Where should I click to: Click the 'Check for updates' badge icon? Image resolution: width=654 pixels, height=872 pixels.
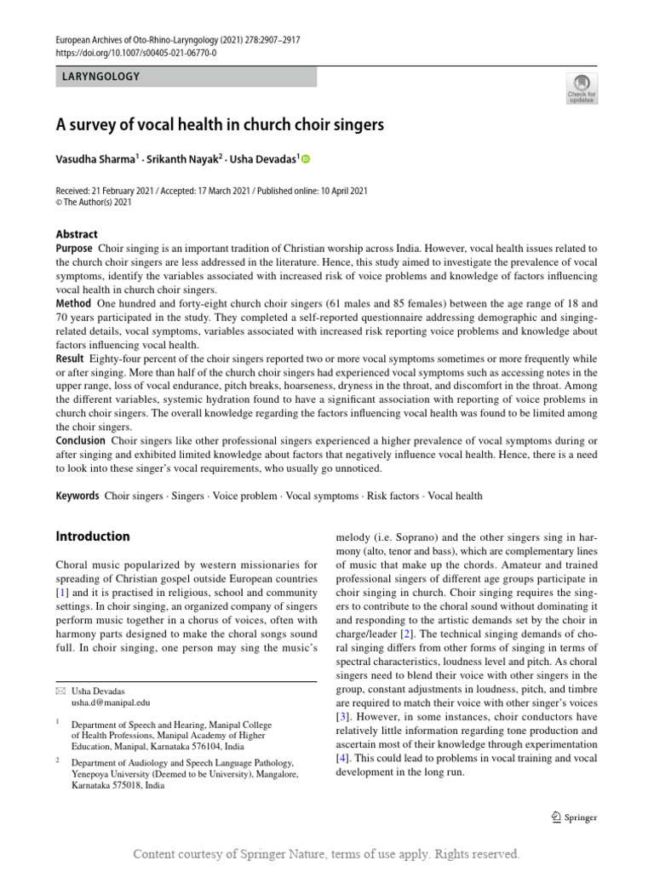[582, 87]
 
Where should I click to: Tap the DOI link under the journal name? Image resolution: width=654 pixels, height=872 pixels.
[136, 52]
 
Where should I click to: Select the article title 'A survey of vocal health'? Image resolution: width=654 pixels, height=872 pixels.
[221, 125]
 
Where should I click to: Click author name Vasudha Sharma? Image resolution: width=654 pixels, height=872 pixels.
[95, 158]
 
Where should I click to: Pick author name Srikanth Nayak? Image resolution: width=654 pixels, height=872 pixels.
[181, 158]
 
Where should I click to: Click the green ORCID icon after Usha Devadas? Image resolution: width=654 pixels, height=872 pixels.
[307, 158]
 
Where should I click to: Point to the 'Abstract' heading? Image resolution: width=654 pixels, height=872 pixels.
[77, 234]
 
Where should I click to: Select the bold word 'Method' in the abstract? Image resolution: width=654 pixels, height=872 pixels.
[73, 304]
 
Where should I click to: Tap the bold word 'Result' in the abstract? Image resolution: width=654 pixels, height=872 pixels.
[72, 359]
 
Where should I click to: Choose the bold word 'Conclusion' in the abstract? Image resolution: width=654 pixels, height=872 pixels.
[80, 441]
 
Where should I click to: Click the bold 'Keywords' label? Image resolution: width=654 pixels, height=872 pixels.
[77, 496]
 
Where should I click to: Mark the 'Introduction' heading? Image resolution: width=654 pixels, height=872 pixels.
[93, 536]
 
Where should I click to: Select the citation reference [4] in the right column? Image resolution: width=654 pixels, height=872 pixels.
[342, 758]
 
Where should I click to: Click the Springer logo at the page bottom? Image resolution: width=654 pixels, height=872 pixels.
[574, 818]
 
